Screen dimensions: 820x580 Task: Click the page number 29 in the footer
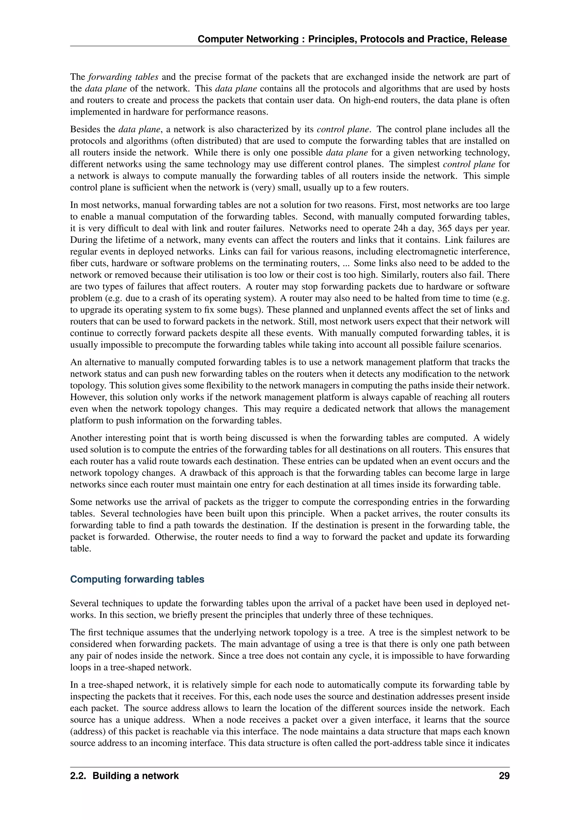tap(504, 776)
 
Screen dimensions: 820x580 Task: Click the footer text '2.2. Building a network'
tap(124, 776)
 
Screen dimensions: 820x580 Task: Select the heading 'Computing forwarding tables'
tap(137, 579)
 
